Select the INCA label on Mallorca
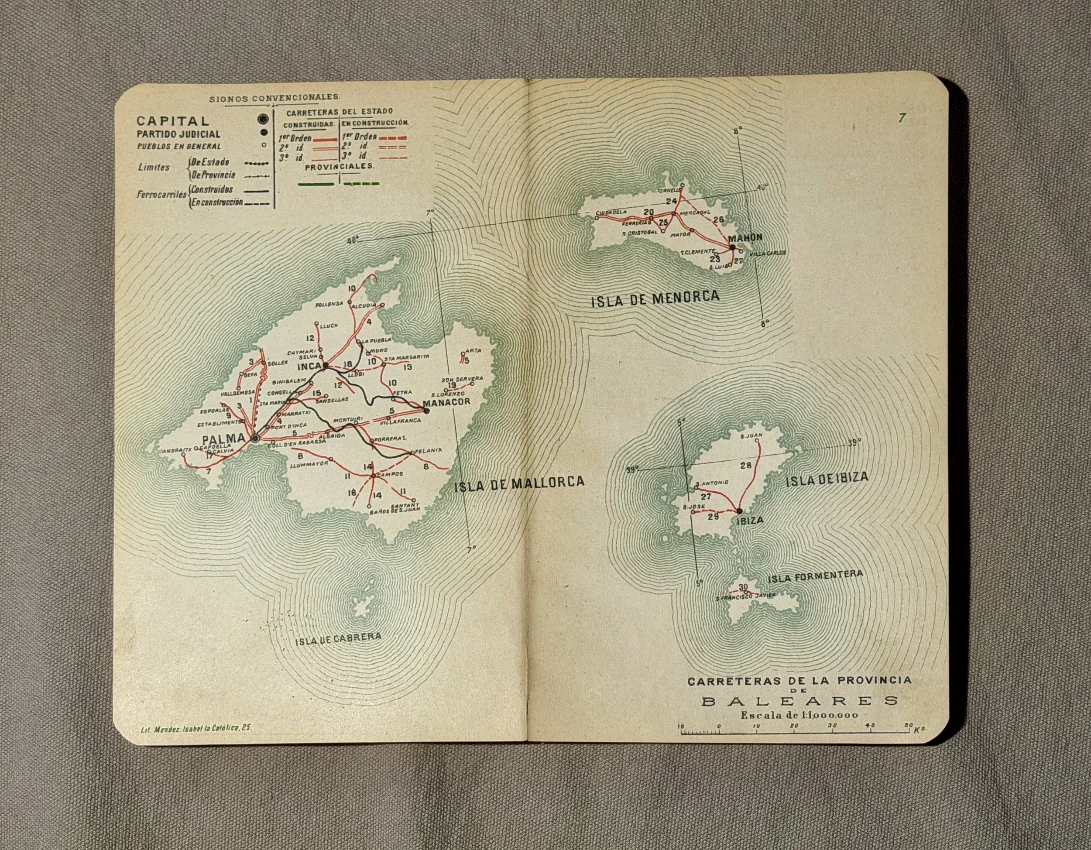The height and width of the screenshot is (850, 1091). click(x=309, y=367)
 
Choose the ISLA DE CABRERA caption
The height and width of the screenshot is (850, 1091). click(x=338, y=639)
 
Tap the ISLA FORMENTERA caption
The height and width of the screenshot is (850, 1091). click(x=815, y=576)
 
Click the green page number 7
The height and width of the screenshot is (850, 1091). click(x=901, y=118)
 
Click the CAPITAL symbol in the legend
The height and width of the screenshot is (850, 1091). click(x=263, y=120)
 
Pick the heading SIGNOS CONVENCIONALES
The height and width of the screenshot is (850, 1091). click(x=275, y=97)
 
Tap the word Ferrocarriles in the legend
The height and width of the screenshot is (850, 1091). click(x=161, y=195)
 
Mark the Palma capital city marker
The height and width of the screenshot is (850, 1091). click(x=255, y=439)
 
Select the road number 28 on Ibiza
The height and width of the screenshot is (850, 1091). click(x=745, y=466)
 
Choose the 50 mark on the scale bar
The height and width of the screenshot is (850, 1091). click(x=908, y=725)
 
